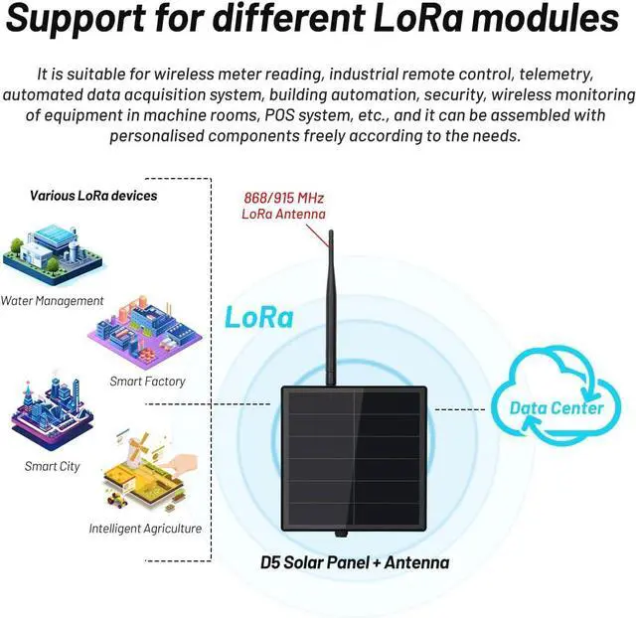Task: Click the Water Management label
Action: (52, 300)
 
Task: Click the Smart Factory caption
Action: (147, 381)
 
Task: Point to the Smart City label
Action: (53, 466)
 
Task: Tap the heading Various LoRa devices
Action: (93, 196)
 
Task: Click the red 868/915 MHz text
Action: (283, 198)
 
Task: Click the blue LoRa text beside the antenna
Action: (259, 318)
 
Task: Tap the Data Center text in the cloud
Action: (556, 407)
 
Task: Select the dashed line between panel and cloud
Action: (460, 408)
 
